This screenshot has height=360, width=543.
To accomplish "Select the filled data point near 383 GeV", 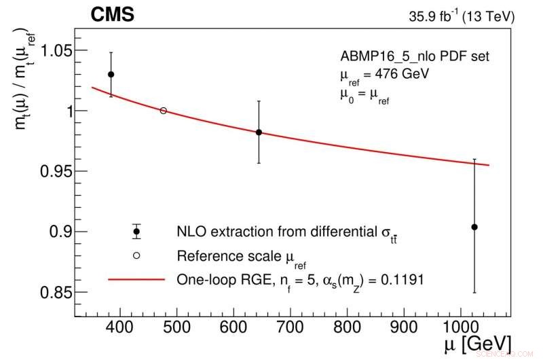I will coord(111,74).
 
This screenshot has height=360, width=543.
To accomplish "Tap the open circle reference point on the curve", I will coord(163,110).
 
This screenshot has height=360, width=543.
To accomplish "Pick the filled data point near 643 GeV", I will coord(259,132).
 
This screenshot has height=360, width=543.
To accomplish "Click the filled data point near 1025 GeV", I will coord(474,227).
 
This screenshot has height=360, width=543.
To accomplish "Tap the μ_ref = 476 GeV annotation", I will coord(385,73).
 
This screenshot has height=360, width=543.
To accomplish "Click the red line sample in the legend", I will coord(136,279).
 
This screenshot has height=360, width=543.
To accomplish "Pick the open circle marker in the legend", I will coord(136,255).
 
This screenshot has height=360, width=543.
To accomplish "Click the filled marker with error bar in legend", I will coord(136,232).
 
